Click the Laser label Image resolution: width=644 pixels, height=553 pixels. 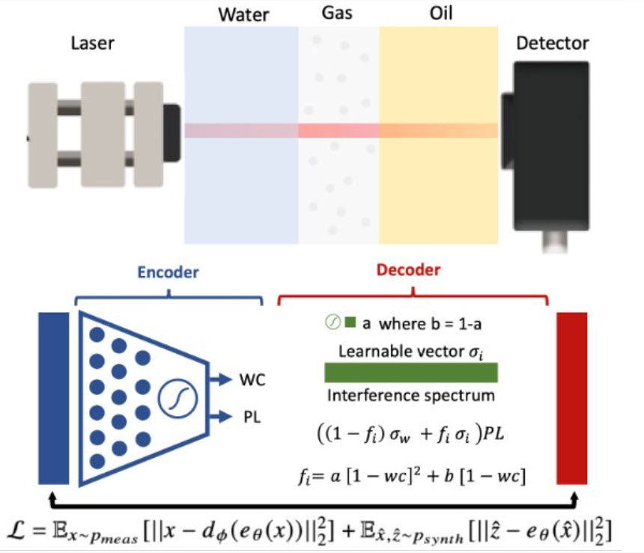coord(93,43)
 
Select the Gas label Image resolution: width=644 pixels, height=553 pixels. coord(339,14)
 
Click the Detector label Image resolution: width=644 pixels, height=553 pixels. coord(552,43)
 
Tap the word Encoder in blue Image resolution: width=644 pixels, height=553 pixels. coord(168,272)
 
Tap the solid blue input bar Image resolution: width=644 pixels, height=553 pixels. coord(53,400)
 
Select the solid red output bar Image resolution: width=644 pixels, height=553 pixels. coord(571,400)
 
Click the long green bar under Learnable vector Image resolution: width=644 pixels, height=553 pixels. coord(410,373)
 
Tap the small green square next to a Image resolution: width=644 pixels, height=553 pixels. coord(349,323)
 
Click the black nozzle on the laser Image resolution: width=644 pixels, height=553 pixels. coord(171,132)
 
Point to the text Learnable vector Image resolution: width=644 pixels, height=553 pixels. coord(401,350)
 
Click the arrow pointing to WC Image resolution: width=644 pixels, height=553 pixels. coord(221,380)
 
